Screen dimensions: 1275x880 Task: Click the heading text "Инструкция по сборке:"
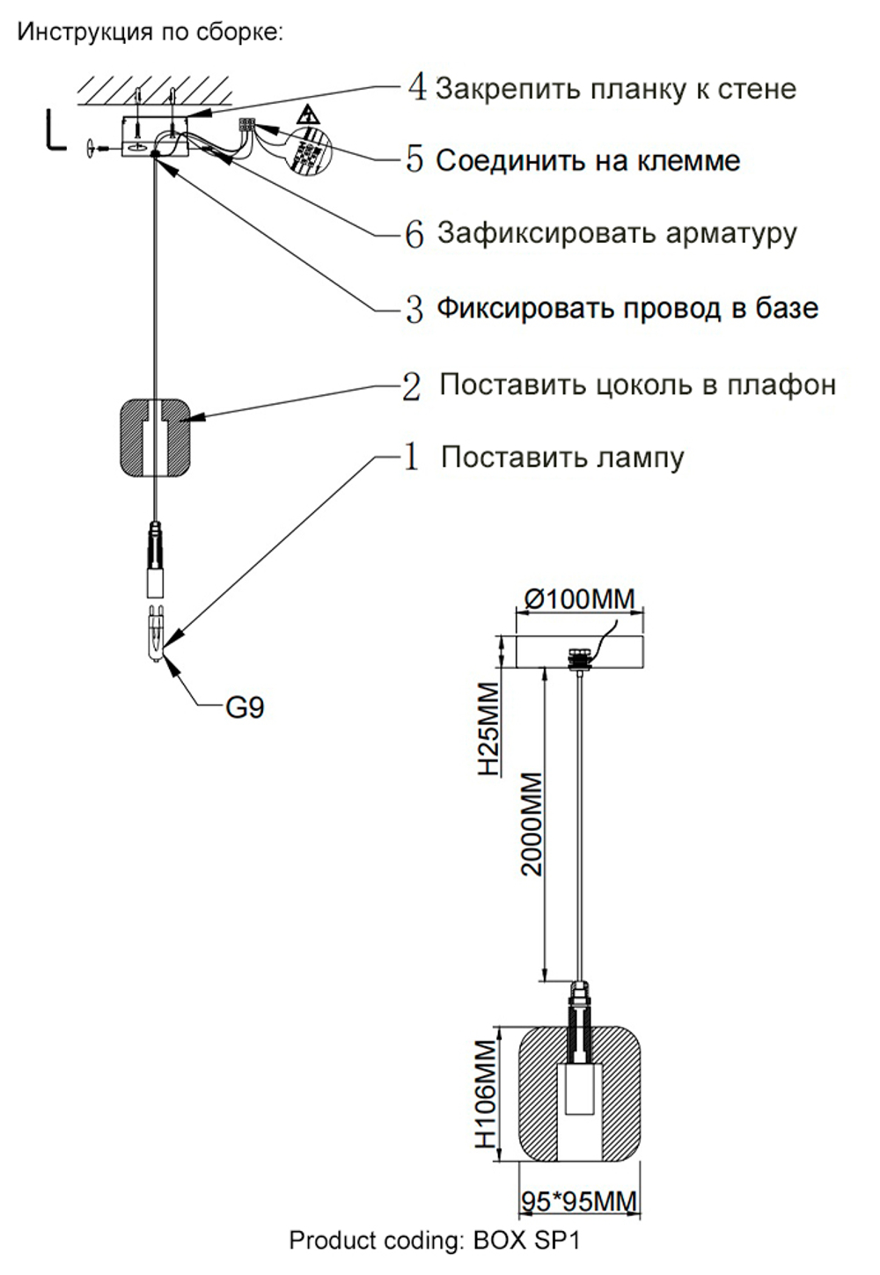coord(150,33)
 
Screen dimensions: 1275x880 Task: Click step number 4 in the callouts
coord(417,87)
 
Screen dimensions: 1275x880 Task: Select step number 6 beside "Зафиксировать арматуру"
coord(414,234)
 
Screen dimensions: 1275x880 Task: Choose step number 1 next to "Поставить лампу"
coord(411,457)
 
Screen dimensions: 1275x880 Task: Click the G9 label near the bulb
coord(245,707)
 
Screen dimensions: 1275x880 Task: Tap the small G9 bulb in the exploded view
coord(156,632)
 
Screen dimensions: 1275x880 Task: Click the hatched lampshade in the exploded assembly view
coord(155,437)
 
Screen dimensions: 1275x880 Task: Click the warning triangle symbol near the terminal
coord(307,114)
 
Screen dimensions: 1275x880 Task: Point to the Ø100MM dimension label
coord(579,599)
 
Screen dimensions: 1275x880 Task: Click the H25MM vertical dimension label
coord(488,729)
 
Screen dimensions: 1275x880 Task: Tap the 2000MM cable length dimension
coord(532,824)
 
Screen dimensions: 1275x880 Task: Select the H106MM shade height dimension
coord(487,1094)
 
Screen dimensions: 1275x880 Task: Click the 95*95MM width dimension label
coord(579,1200)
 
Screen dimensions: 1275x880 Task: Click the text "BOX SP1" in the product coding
coord(527,1241)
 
